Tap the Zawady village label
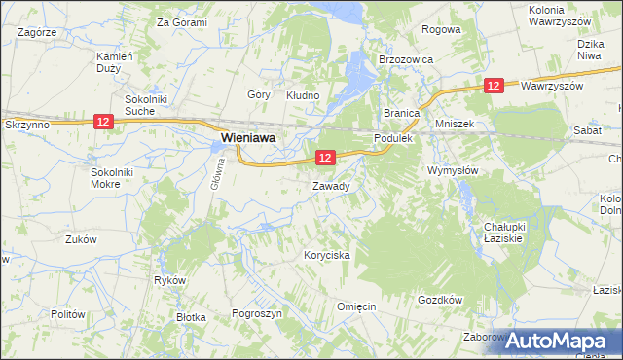click(331, 185)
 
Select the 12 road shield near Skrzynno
click(104, 121)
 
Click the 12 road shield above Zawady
click(325, 157)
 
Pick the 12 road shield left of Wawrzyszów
click(494, 87)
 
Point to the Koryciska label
click(326, 255)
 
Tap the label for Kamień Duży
click(108, 62)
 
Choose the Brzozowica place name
click(405, 58)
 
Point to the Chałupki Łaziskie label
click(505, 233)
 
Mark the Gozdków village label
click(439, 300)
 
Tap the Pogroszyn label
click(257, 314)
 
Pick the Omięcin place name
click(356, 306)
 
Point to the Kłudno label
click(302, 95)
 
